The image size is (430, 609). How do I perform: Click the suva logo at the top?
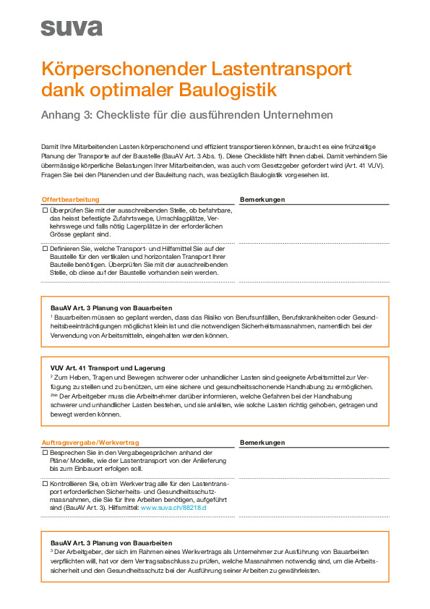point(72,27)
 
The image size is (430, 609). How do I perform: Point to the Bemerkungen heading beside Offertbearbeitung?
point(262,199)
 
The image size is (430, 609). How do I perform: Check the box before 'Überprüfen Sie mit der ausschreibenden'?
point(45,209)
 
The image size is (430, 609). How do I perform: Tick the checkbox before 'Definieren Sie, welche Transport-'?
point(45,248)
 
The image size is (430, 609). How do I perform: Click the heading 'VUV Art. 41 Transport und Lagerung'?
point(108,367)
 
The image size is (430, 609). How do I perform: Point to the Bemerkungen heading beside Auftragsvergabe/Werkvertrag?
point(262,441)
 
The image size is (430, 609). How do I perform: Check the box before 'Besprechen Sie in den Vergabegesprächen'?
point(45,451)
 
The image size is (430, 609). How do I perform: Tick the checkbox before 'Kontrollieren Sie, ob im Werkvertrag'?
point(45,483)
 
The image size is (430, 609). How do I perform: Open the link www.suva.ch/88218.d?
point(173,508)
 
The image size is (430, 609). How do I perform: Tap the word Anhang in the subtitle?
point(61,114)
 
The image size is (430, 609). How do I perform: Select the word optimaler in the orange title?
point(128,90)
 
